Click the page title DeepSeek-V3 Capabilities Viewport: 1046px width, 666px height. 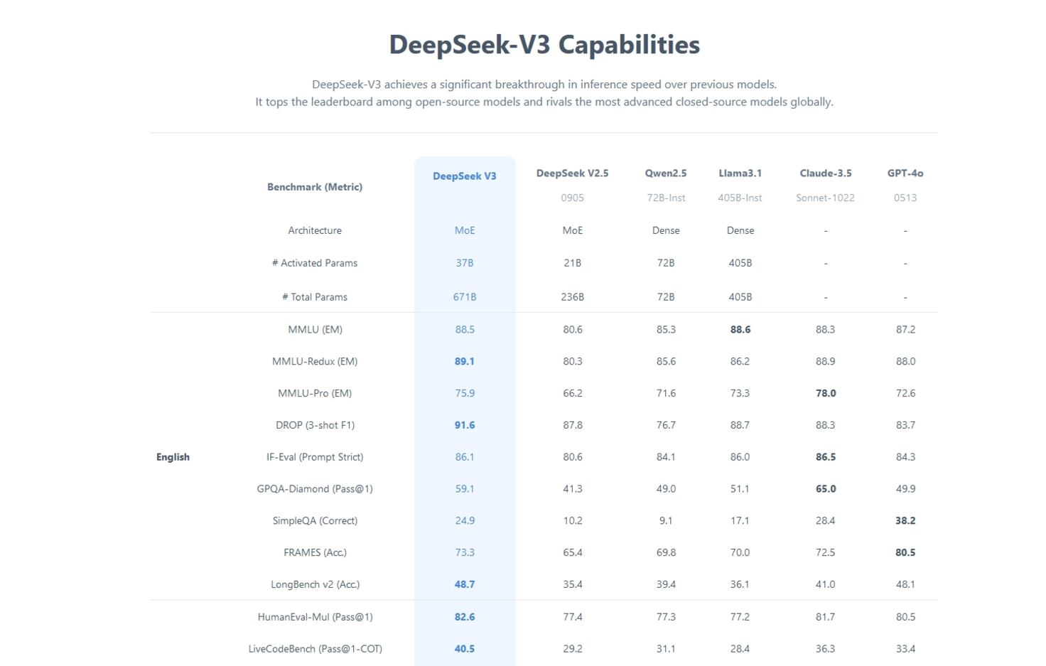click(x=544, y=45)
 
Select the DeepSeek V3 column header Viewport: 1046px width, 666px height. click(x=465, y=176)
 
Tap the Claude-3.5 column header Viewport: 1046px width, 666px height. click(x=825, y=173)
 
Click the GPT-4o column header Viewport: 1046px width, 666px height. click(x=905, y=173)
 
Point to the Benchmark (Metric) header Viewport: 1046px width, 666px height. click(x=315, y=187)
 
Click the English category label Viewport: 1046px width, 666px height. click(x=173, y=457)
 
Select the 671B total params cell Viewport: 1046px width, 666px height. click(x=465, y=297)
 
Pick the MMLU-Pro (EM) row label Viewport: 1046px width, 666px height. click(x=315, y=393)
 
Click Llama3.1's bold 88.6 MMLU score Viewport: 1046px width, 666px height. click(x=740, y=330)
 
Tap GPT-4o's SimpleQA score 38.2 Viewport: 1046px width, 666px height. click(x=905, y=521)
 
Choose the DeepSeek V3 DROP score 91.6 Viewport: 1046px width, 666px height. click(x=465, y=425)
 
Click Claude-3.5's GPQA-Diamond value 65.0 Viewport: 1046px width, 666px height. click(x=825, y=489)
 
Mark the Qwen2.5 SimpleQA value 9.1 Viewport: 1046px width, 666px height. click(x=666, y=521)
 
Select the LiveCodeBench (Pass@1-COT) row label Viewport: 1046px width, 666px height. click(x=315, y=649)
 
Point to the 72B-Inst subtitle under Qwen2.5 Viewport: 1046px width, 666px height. click(x=666, y=198)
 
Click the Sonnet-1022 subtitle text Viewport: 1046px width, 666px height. click(x=825, y=198)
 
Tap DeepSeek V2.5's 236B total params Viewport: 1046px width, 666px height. click(x=572, y=297)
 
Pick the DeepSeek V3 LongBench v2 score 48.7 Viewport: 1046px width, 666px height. click(x=465, y=584)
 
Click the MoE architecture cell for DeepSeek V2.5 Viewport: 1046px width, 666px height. click(x=572, y=230)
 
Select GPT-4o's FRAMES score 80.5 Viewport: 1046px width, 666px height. click(x=905, y=552)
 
